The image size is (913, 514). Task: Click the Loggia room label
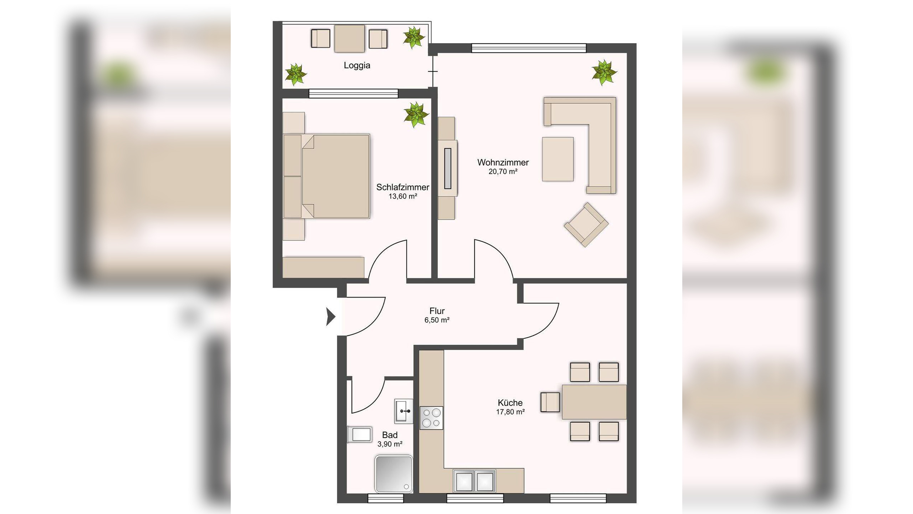tap(357, 65)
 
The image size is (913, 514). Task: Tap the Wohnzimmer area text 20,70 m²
tap(503, 171)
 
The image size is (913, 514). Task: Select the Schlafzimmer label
tap(403, 187)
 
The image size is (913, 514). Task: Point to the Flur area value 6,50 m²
tap(437, 320)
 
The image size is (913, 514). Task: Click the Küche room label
tap(510, 403)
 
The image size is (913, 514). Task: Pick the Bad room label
tap(390, 435)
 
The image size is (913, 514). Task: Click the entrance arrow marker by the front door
tap(331, 317)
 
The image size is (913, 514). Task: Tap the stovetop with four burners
tap(431, 418)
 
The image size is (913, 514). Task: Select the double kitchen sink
tap(474, 481)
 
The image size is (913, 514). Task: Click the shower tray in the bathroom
tap(394, 474)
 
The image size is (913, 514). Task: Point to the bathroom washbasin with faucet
tap(404, 411)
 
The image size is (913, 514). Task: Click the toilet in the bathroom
tap(359, 435)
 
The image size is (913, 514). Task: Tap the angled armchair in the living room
tap(586, 225)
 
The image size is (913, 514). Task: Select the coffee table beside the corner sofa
tap(558, 159)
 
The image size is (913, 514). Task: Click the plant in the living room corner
tap(604, 72)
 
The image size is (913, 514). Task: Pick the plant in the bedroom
tap(416, 115)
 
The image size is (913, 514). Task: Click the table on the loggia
tap(350, 39)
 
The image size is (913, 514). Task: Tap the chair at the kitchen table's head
tap(550, 402)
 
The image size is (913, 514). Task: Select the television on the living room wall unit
tap(448, 168)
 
